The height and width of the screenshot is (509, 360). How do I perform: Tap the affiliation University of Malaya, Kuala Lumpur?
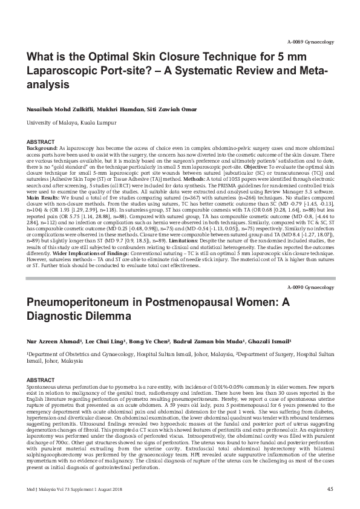(x=66, y=122)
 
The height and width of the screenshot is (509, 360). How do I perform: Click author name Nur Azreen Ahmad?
(x=51, y=340)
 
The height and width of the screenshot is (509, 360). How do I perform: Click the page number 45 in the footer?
(x=330, y=489)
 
